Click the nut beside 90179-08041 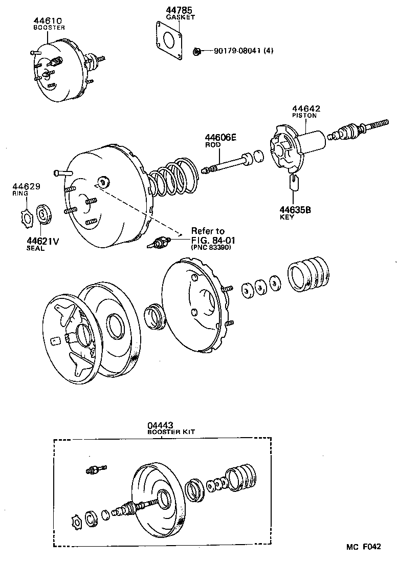pos(196,51)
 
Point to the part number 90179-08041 pos(236,51)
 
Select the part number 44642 pos(306,109)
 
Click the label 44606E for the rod pos(220,137)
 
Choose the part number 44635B pos(295,209)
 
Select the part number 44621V pos(42,241)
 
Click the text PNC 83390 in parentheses pos(212,247)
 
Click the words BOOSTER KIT pos(170,432)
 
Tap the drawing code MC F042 pos(363,547)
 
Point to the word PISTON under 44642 pos(304,116)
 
